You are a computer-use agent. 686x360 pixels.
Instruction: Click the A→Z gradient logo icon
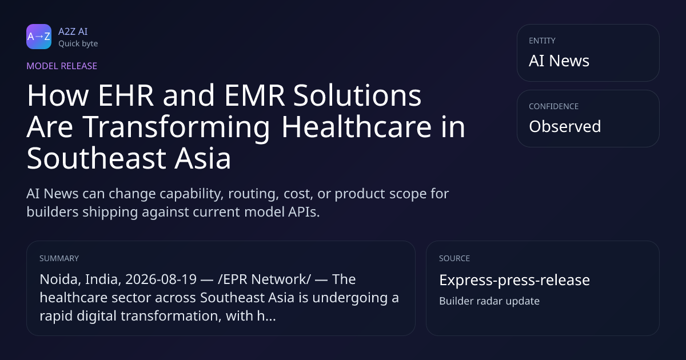pos(39,37)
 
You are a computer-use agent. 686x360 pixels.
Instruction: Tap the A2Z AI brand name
pos(73,31)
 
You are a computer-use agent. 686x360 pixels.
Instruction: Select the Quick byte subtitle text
pos(78,44)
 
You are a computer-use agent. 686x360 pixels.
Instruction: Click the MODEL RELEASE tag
pos(62,66)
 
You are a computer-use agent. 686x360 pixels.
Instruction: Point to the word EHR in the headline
pos(126,95)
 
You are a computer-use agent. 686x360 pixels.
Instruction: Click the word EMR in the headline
pos(254,95)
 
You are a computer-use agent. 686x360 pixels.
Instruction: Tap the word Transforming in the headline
pos(176,127)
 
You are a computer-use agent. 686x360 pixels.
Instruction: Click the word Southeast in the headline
pos(97,158)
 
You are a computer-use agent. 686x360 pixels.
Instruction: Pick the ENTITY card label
pos(542,41)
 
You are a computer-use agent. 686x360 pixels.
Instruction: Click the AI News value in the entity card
pos(559,61)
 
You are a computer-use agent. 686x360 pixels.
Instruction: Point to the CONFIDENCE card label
pos(554,106)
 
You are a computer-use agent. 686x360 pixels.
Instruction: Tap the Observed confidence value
pos(565,126)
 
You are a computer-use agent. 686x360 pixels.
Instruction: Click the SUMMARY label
pos(59,258)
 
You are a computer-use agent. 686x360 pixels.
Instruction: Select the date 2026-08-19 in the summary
pos(161,279)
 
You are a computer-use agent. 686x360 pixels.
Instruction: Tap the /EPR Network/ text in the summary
pos(264,279)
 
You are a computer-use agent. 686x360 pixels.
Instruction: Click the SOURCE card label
pos(454,258)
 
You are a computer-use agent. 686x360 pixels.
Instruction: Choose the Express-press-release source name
pos(514,280)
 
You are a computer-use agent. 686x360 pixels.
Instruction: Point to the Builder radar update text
pos(489,301)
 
